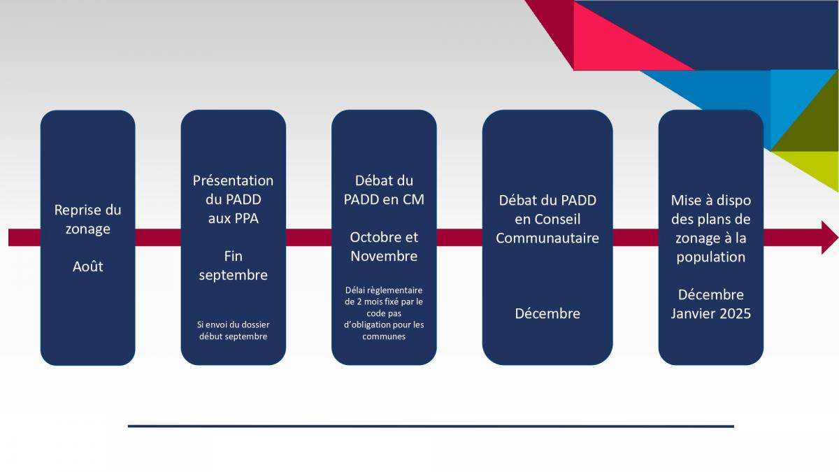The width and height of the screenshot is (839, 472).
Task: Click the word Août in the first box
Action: pyautogui.click(x=87, y=266)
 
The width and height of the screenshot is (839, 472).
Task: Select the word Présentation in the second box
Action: pyautogui.click(x=233, y=180)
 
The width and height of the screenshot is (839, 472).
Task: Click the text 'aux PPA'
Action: pyautogui.click(x=233, y=218)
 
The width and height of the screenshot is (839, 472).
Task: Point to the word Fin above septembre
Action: pyautogui.click(x=233, y=256)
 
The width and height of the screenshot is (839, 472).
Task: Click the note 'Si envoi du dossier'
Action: pyautogui.click(x=233, y=324)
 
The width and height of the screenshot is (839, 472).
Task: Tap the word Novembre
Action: pyautogui.click(x=384, y=256)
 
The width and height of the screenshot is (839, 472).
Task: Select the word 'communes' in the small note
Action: pyautogui.click(x=384, y=336)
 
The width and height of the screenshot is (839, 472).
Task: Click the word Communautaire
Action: pyautogui.click(x=547, y=238)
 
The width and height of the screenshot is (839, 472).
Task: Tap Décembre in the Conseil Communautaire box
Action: pyautogui.click(x=547, y=313)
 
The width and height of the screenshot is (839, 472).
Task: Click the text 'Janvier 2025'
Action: pyautogui.click(x=710, y=313)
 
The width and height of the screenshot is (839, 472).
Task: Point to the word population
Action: pyautogui.click(x=710, y=258)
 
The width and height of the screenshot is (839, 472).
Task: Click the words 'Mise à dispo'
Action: pyautogui.click(x=710, y=201)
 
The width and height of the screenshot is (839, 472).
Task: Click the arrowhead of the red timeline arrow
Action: pyautogui.click(x=829, y=238)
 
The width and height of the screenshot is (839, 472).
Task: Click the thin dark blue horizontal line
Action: pyautogui.click(x=431, y=427)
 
